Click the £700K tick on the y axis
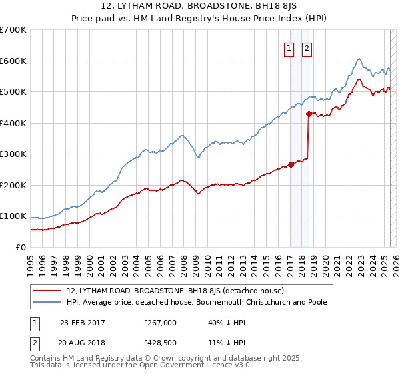pyautogui.click(x=13, y=30)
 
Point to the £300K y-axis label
pyautogui.click(x=13, y=154)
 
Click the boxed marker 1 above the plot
pyautogui.click(x=290, y=48)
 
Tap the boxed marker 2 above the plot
pyautogui.click(x=307, y=48)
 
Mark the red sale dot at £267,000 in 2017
pyautogui.click(x=291, y=164)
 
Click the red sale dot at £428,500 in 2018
pyautogui.click(x=308, y=114)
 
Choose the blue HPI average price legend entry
pyautogui.click(x=197, y=302)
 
